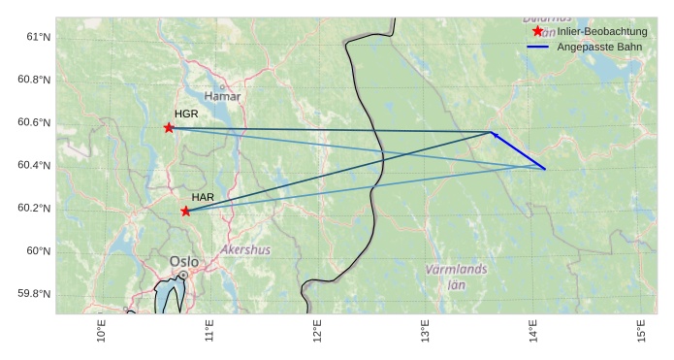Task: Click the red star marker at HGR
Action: tap(169, 128)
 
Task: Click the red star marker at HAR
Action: tap(185, 212)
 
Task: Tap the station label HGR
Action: tap(186, 115)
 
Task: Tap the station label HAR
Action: tap(203, 198)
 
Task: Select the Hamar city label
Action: tap(223, 96)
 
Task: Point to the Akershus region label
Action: tap(245, 249)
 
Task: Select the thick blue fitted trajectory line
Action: tap(519, 151)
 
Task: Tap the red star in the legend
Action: tap(538, 32)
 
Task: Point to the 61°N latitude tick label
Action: tap(37, 37)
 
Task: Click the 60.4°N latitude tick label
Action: tap(34, 165)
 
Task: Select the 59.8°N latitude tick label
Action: tap(34, 294)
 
